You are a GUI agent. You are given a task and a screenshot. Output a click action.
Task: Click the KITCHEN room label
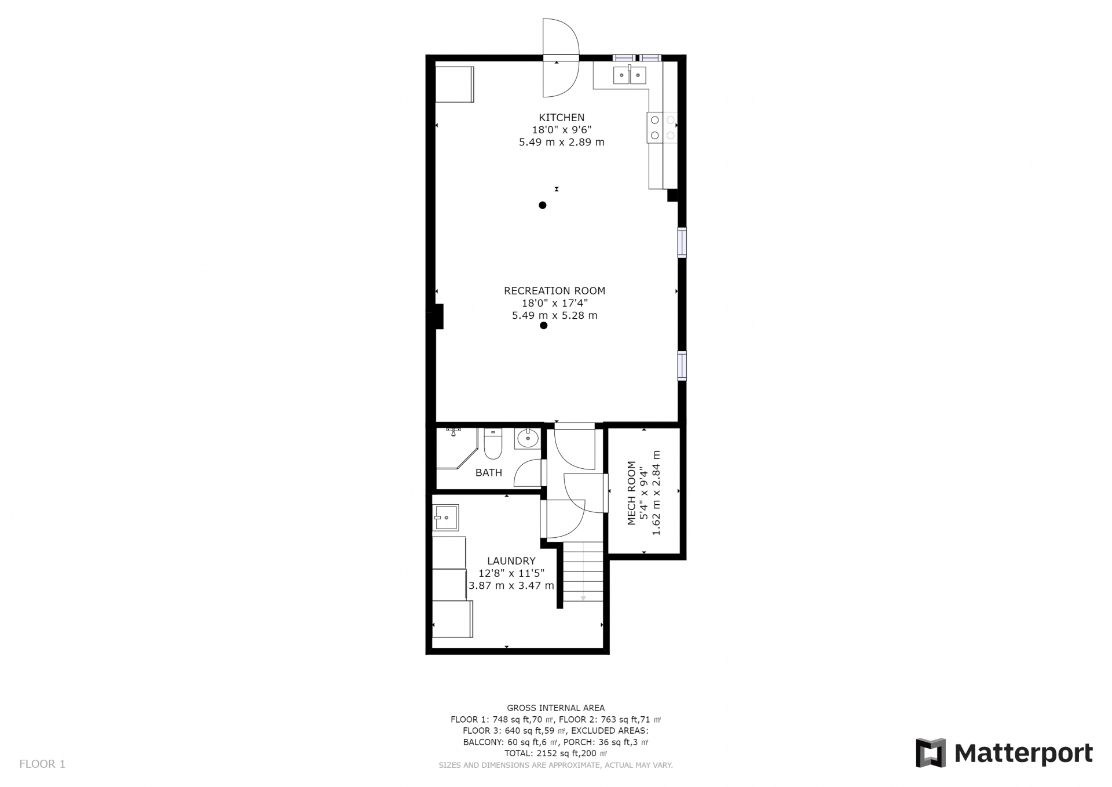click(x=561, y=118)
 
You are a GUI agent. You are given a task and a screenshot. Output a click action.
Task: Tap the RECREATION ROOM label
click(x=554, y=291)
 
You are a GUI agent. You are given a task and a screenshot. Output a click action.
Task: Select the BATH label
click(x=489, y=473)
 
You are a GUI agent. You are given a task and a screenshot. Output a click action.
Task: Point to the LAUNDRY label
click(x=511, y=561)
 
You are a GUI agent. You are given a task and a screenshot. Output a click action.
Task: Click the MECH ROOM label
click(x=631, y=493)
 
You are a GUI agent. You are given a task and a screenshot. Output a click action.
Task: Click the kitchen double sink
click(x=630, y=75)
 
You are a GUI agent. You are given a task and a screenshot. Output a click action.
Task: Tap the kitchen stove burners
click(x=662, y=127)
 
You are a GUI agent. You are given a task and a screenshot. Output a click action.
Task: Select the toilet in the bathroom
click(x=493, y=444)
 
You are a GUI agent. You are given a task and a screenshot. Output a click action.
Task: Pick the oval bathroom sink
click(x=528, y=439)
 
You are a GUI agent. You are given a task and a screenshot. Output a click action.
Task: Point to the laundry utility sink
click(x=446, y=518)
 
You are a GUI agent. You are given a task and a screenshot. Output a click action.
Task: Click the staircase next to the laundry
click(x=583, y=571)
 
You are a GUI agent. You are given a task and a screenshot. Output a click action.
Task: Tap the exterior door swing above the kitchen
click(x=560, y=58)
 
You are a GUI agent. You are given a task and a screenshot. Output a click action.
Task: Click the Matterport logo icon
click(x=931, y=753)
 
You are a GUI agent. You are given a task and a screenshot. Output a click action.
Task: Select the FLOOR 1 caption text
click(x=42, y=764)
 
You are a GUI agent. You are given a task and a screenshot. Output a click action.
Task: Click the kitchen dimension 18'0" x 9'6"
click(x=561, y=130)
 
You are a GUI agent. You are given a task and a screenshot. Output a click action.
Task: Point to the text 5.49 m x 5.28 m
click(x=554, y=316)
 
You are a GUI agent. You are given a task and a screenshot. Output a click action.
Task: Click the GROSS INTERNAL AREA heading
click(x=555, y=708)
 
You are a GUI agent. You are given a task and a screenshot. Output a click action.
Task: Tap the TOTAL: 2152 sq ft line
click(x=555, y=753)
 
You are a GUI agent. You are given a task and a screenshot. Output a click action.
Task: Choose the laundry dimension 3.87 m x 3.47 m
click(x=511, y=586)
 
